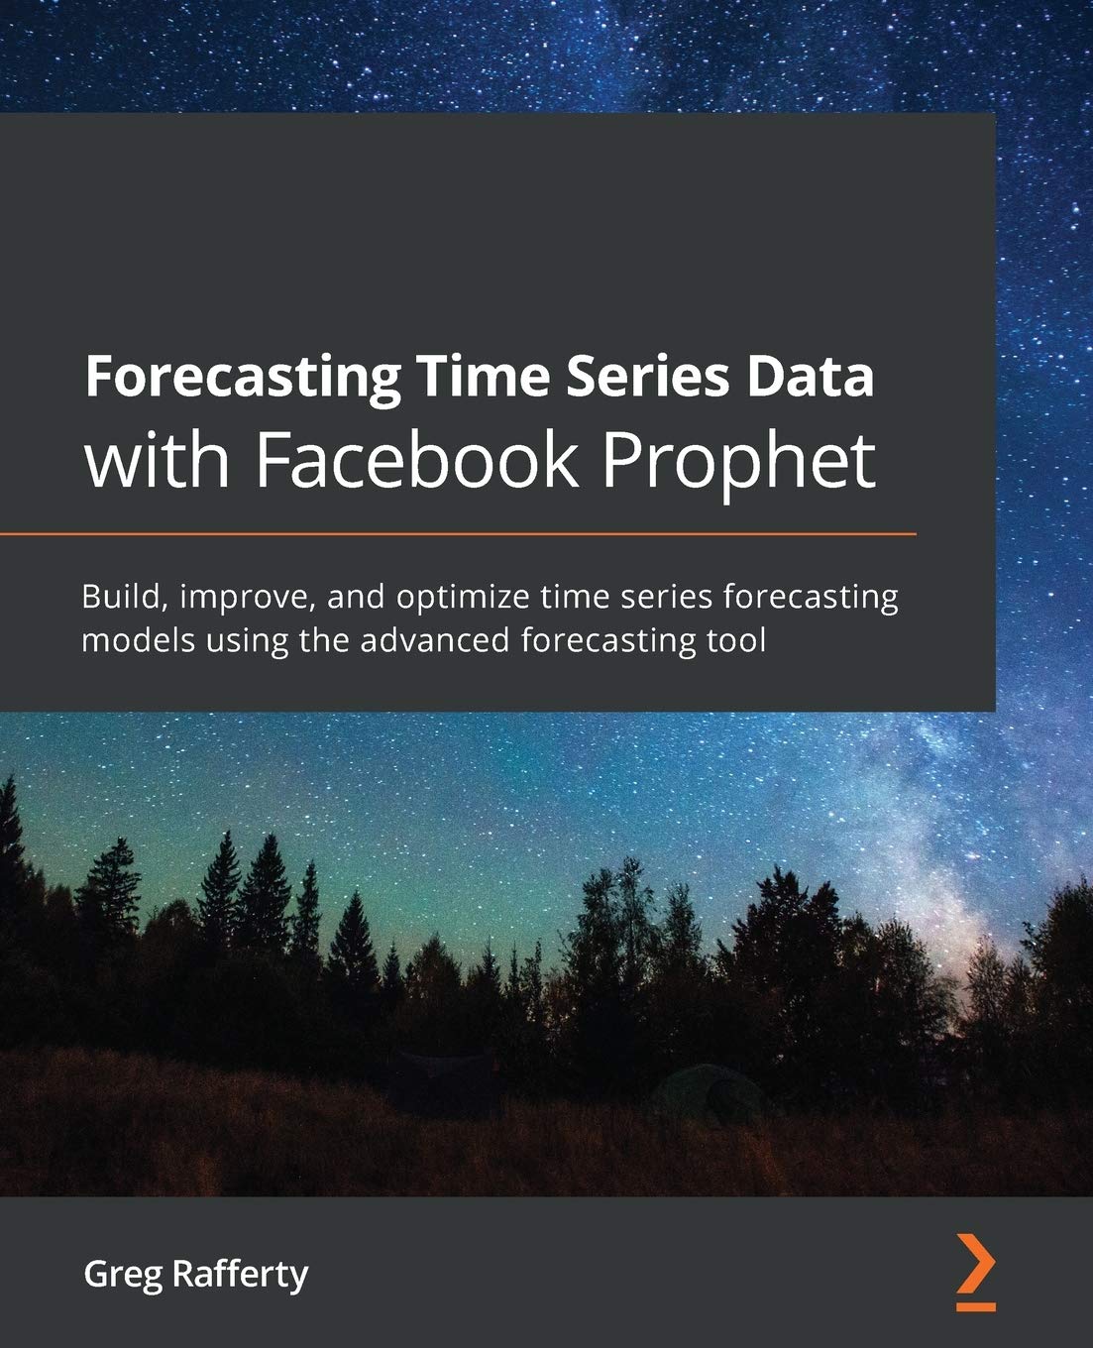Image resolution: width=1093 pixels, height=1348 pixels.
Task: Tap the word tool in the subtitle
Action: (x=737, y=640)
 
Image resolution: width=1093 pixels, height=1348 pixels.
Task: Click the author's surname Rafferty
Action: (x=240, y=1275)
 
